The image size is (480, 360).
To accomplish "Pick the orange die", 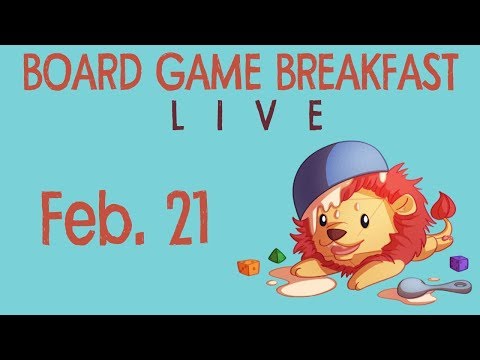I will (x=248, y=268).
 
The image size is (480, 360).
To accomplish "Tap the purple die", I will (x=459, y=263).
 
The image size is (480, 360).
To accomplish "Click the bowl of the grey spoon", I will (x=414, y=289).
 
